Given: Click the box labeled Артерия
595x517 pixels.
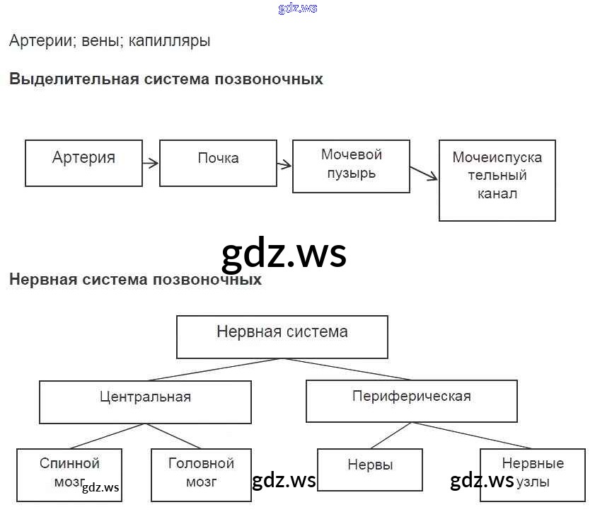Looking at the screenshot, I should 83,163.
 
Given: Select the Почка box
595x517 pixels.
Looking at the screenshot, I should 218,163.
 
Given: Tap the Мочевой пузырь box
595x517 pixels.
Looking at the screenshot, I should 351,166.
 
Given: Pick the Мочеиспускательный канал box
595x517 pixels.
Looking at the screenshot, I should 497,180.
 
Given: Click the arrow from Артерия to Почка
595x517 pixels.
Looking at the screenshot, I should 150,164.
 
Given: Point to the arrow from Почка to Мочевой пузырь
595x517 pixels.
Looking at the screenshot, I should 284,165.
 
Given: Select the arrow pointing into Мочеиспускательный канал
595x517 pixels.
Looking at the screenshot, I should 424,174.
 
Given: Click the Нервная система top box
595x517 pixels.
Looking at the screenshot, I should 282,336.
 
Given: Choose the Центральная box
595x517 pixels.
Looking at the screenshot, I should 145,402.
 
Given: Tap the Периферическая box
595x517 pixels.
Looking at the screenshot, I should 411,401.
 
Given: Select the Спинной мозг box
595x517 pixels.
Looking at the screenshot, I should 69,475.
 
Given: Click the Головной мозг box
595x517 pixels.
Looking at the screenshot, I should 201,475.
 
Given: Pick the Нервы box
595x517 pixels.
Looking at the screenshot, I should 370,470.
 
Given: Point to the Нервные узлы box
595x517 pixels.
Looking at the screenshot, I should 532,475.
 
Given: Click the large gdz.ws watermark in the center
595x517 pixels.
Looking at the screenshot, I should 284,253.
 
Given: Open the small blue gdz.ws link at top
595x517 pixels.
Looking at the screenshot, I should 298,8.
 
